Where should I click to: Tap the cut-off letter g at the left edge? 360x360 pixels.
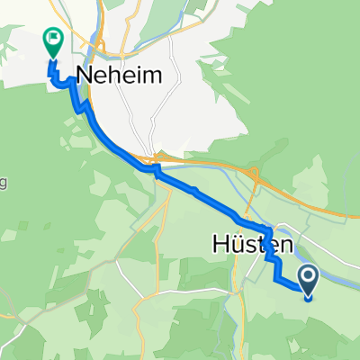tap(3, 184)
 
